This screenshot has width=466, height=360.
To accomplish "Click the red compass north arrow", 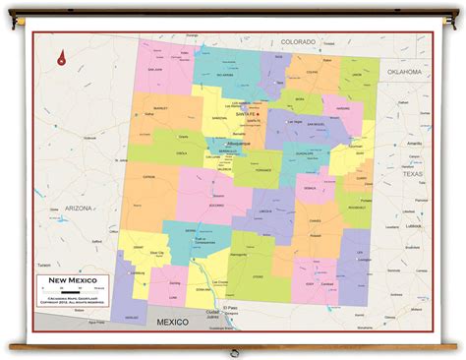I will (61, 58).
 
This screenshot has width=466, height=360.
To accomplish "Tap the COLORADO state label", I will (298, 42).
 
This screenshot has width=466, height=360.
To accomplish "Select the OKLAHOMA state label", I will (402, 72).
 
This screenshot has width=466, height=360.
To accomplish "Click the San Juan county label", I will (154, 70).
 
